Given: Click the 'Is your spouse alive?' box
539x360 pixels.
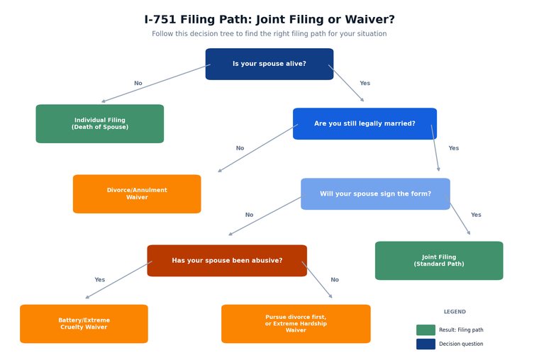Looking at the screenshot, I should pos(269,64).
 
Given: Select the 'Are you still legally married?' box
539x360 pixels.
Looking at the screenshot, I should pos(365,124).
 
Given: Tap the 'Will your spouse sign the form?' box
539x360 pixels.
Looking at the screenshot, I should pos(375,194).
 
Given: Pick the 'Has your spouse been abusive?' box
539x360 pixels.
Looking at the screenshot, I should pos(227,261).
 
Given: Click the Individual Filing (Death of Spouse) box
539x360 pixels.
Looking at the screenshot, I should pos(100,124).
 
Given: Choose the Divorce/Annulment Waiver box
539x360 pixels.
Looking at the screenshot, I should pos(137,194).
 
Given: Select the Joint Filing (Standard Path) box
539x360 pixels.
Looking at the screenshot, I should pos(439,261).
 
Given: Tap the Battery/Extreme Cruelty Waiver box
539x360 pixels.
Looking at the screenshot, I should pos(84,324).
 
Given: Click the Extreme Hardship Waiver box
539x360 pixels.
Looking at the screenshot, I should pos(296,324).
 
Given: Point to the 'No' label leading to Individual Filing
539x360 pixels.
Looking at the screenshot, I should pos(138,84).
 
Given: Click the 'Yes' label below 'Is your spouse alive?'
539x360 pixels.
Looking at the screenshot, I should pos(365,84).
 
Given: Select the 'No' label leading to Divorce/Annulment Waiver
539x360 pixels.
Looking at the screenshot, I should pos(240,149).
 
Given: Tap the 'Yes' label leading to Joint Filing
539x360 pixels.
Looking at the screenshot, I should pos(476,215).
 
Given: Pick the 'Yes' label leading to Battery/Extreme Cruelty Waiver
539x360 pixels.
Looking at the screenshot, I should pos(100,280).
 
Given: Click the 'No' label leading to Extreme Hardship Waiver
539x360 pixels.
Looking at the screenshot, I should pos(335,280).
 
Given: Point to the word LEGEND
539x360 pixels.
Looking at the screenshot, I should pos(455,312).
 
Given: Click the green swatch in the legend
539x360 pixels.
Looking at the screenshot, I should pos(426,330).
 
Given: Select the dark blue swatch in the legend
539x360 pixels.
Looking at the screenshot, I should pos(426,344).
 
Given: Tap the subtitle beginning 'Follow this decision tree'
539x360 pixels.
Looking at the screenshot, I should pos(269,34).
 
